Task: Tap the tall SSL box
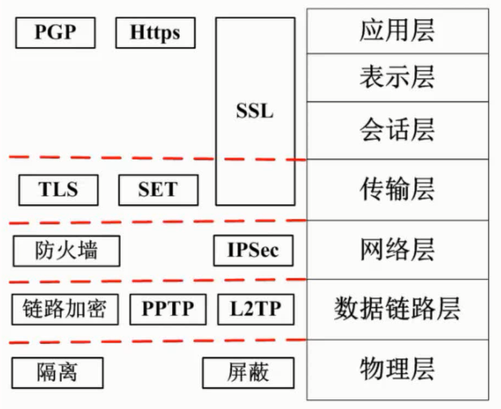254,111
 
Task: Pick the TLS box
58,189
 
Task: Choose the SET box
158,189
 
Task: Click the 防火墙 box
67,249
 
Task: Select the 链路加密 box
65,309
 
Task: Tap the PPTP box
168,309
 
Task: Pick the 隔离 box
58,371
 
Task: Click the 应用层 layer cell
397,31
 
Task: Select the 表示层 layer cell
397,78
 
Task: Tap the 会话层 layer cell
397,130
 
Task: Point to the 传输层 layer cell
397,189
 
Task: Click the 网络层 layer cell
397,249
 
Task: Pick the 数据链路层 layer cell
397,309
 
